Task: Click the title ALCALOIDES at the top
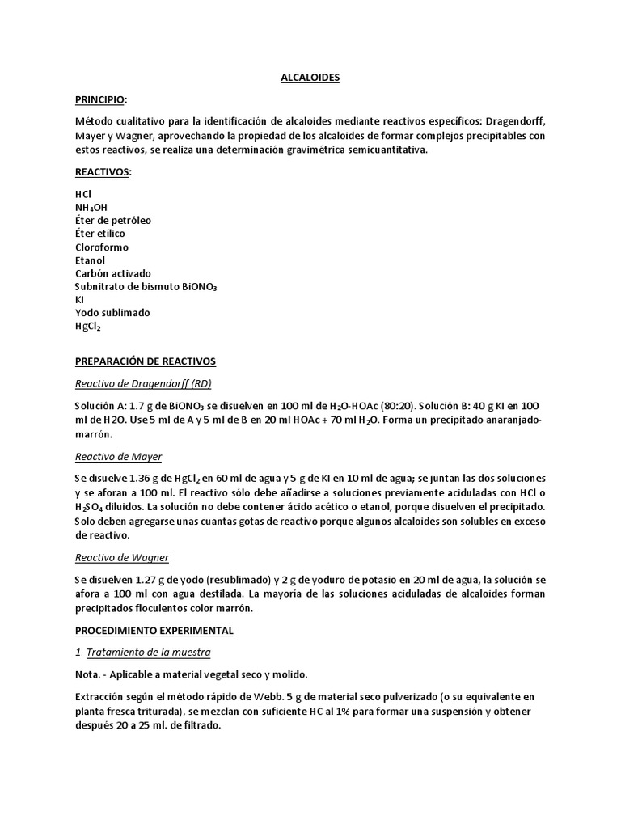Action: coord(310,78)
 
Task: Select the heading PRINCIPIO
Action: coord(101,99)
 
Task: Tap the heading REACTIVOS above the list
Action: coord(102,172)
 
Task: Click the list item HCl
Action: coord(83,194)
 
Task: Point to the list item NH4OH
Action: coord(91,208)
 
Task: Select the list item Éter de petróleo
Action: coord(112,220)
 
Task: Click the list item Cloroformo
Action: coord(101,247)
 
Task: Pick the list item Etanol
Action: coord(91,260)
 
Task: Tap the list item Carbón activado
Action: coord(112,273)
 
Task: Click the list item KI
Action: coord(79,299)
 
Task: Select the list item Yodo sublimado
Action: coord(112,312)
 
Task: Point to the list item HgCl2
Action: coord(88,326)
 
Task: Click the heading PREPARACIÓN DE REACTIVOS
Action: coord(145,361)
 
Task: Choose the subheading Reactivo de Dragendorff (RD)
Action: coord(143,383)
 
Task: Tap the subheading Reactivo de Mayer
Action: coord(118,457)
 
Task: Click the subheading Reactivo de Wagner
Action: coord(121,557)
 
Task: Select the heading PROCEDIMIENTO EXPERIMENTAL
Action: coord(154,630)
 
